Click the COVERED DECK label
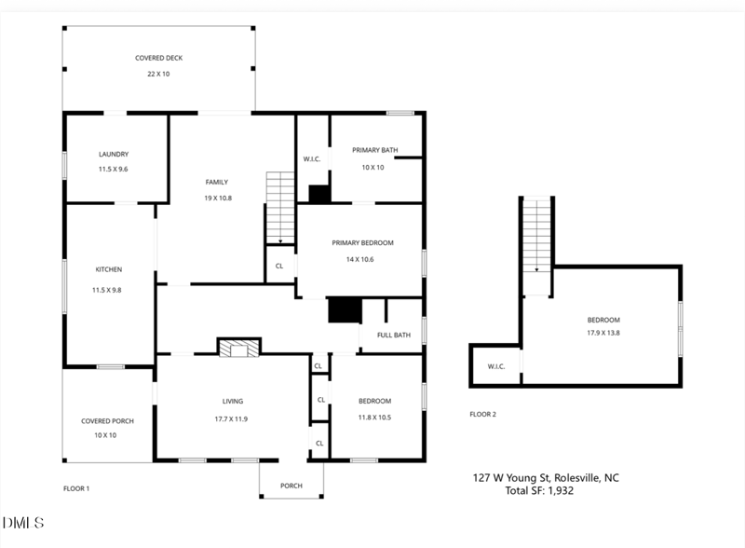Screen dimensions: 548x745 pos(158,58)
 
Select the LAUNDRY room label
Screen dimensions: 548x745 pos(114,155)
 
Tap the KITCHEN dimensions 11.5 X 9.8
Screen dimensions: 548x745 pos(109,290)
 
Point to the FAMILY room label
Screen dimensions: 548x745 pos(217,183)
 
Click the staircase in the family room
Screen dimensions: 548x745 pos(280,207)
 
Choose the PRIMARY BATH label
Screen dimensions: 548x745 pos(373,150)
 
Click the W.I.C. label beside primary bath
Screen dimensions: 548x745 pos(312,159)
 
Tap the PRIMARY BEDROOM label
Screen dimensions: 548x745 pos(363,243)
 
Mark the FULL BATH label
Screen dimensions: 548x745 pos(394,336)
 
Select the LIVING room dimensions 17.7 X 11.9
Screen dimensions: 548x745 pos(232,418)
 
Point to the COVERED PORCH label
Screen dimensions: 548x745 pos(107,421)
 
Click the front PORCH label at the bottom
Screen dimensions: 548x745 pos(291,486)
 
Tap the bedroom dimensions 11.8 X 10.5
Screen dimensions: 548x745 pos(374,417)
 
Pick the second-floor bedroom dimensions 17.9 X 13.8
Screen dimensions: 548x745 pos(603,333)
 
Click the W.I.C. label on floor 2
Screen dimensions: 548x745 pos(496,366)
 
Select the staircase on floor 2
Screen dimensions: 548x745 pos(536,234)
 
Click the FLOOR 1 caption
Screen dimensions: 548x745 pos(75,488)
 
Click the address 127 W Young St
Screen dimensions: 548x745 pos(515,478)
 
